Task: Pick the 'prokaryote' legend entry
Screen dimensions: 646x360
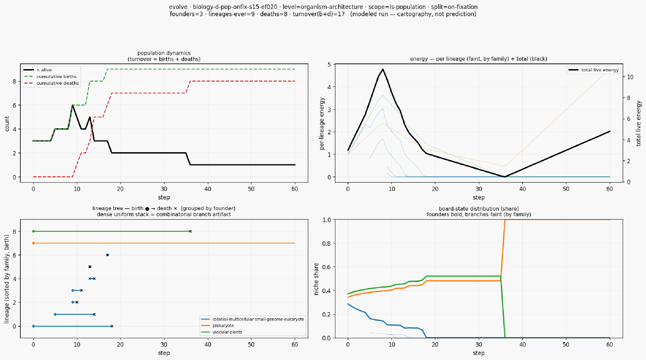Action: (x=217, y=325)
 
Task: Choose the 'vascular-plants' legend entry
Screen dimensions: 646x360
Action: (x=222, y=332)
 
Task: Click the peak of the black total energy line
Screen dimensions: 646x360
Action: (x=383, y=69)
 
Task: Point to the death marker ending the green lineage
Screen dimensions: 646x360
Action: (x=190, y=231)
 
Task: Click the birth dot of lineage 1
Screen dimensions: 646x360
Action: (x=55, y=314)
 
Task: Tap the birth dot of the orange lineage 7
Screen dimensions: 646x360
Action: (x=33, y=243)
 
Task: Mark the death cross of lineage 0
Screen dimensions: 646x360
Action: (x=111, y=326)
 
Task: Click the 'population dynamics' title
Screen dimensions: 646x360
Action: (x=164, y=53)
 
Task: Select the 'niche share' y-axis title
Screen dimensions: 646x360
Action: (x=317, y=279)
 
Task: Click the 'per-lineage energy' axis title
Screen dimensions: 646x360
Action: (x=322, y=124)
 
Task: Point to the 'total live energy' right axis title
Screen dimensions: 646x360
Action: (x=639, y=123)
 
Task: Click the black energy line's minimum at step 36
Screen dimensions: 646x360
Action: (x=505, y=177)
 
